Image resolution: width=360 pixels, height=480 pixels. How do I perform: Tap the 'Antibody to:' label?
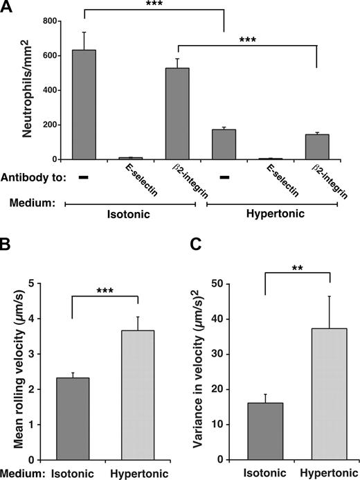tap(34, 178)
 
